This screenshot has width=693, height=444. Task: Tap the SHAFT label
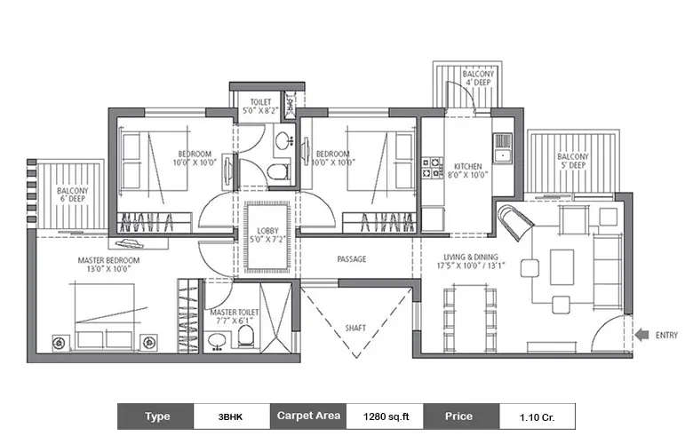pyautogui.click(x=354, y=328)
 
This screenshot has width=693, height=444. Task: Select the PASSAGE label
pyautogui.click(x=352, y=259)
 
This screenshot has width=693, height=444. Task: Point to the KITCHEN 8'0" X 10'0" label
pyautogui.click(x=467, y=170)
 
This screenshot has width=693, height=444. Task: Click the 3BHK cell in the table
pyautogui.click(x=228, y=416)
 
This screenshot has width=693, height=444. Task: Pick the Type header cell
pyautogui.click(x=156, y=416)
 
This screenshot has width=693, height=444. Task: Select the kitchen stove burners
pyautogui.click(x=435, y=168)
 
